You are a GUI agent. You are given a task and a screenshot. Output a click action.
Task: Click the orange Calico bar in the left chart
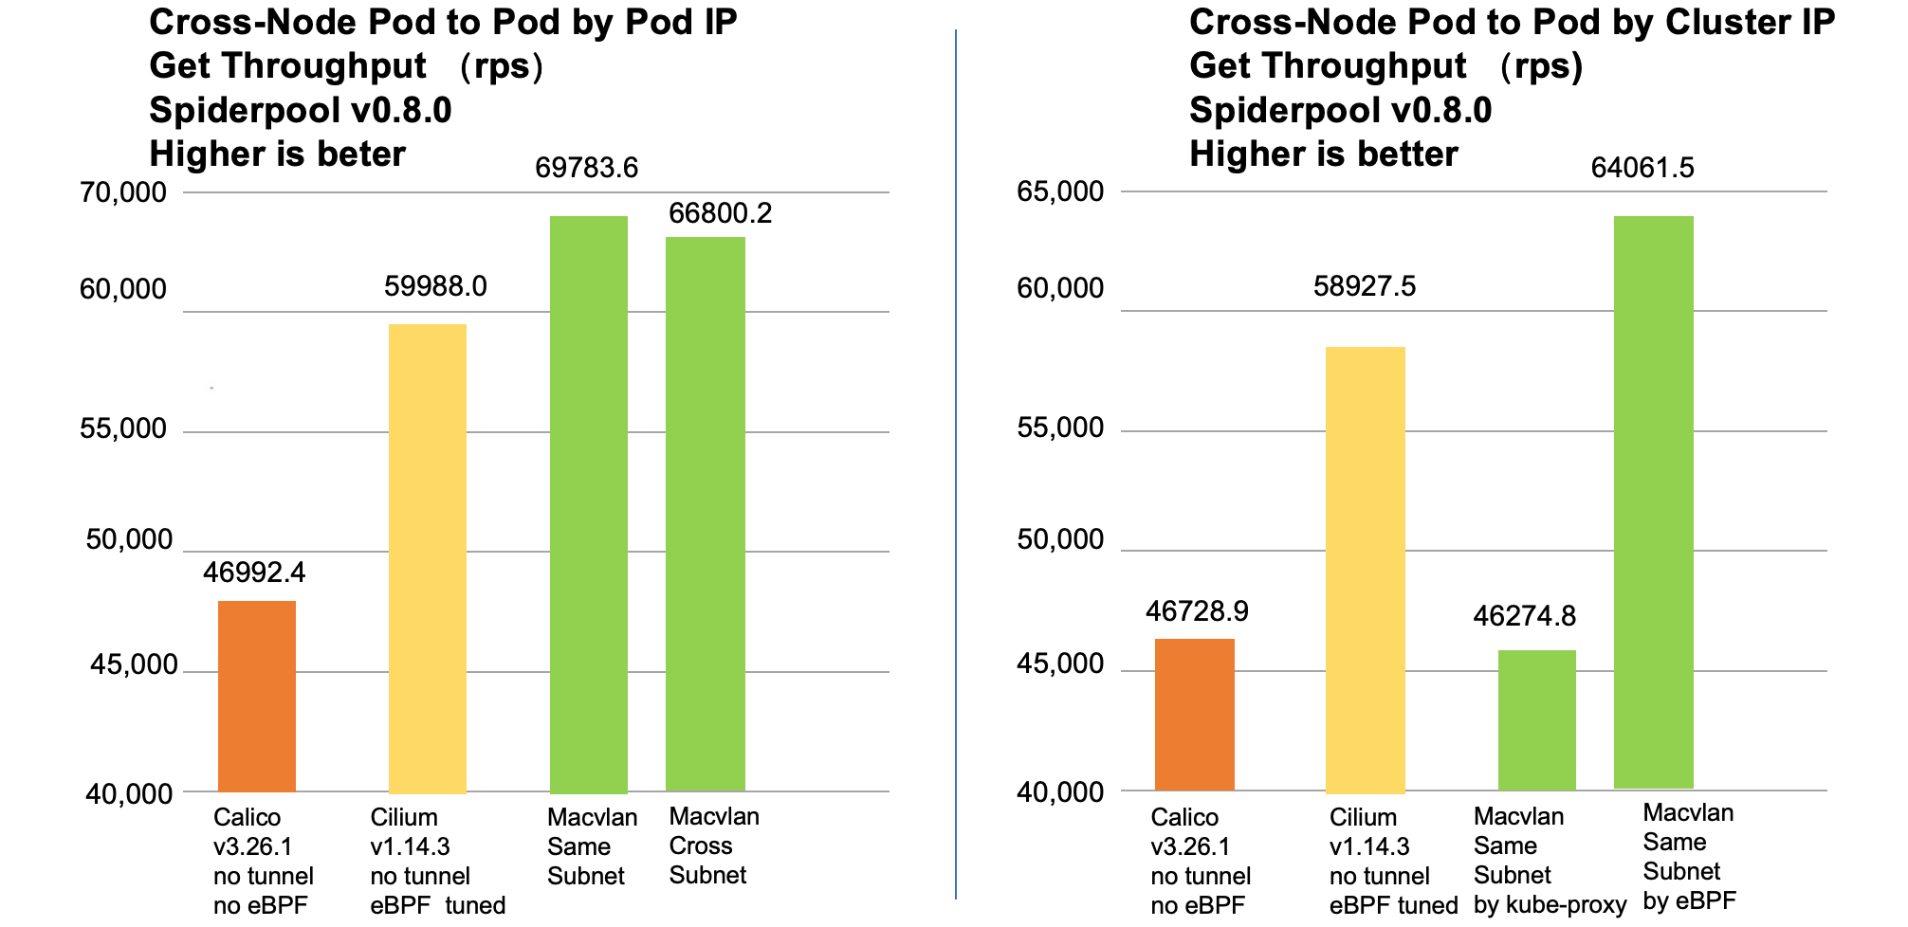[x=256, y=696]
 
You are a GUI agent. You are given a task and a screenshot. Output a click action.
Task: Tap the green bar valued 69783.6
[x=588, y=503]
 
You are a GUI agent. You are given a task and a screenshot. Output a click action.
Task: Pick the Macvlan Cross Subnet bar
[x=705, y=513]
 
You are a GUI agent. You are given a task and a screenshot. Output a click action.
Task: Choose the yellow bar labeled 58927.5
[x=1365, y=569]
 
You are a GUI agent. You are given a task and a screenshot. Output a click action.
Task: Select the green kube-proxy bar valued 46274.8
[x=1536, y=719]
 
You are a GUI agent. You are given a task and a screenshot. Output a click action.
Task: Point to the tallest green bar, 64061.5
[x=1653, y=501]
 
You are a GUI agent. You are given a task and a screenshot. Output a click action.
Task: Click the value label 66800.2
[x=720, y=213]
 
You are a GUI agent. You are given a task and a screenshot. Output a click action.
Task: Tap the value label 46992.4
[x=254, y=573]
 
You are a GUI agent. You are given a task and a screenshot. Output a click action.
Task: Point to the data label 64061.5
[x=1642, y=168]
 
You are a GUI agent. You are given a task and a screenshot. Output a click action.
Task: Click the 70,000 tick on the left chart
[x=122, y=192]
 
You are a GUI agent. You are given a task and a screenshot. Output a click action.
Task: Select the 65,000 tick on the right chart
[x=1060, y=191]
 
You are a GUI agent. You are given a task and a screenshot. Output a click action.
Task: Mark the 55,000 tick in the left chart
[x=122, y=428]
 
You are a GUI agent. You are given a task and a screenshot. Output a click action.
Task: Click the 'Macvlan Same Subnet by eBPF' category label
[x=1689, y=856]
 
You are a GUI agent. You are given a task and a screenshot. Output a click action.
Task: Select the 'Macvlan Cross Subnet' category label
[x=713, y=845]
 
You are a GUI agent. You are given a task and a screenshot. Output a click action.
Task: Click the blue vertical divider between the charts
[x=956, y=464]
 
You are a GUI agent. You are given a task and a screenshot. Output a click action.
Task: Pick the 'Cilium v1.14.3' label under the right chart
[x=1368, y=831]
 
